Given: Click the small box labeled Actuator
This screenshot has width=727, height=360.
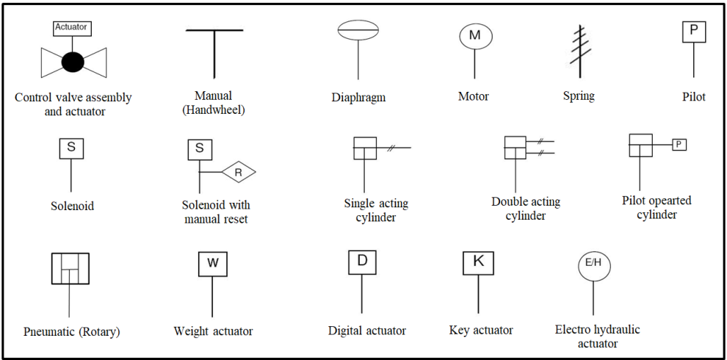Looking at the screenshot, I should [71, 27].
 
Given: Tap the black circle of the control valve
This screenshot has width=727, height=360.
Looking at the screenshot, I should [72, 62].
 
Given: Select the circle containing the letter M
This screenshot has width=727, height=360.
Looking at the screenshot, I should [474, 35].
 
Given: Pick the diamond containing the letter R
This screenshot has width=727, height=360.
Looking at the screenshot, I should [238, 173].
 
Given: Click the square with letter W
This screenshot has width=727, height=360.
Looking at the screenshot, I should [212, 264].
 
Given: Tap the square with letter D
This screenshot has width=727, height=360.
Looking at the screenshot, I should [362, 262].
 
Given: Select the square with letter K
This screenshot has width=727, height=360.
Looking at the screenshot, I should [478, 262].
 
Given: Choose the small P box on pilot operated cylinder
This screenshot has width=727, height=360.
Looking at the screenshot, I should [679, 145].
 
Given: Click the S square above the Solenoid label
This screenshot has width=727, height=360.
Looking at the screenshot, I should [71, 147].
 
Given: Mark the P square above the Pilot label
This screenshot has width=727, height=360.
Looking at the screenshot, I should [693, 31].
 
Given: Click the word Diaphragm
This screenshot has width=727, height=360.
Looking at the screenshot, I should [358, 97].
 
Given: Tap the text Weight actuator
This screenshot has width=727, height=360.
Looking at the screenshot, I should [213, 331].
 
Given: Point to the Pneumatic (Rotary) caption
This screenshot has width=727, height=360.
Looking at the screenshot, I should [71, 331].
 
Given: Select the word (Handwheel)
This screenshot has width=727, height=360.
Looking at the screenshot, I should [214, 110].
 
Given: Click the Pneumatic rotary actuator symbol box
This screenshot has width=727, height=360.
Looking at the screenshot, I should [70, 268].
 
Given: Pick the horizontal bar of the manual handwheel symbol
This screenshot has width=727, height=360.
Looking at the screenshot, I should [214, 31].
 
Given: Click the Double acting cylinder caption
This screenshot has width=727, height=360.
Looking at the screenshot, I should [526, 209].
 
